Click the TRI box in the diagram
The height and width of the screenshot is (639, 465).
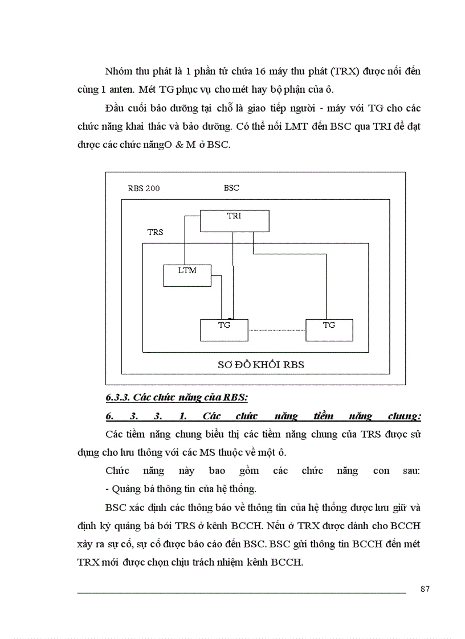click(x=234, y=221)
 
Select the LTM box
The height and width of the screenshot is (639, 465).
click(x=187, y=275)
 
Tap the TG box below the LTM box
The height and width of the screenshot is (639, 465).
click(x=224, y=329)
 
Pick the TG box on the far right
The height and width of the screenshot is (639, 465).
click(x=329, y=329)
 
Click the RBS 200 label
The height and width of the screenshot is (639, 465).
click(x=144, y=188)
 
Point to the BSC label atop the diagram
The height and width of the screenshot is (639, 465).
click(x=231, y=187)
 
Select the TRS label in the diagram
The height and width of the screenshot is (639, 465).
click(x=155, y=232)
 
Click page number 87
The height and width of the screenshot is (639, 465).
click(x=425, y=588)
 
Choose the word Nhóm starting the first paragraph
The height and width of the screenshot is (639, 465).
click(x=119, y=72)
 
